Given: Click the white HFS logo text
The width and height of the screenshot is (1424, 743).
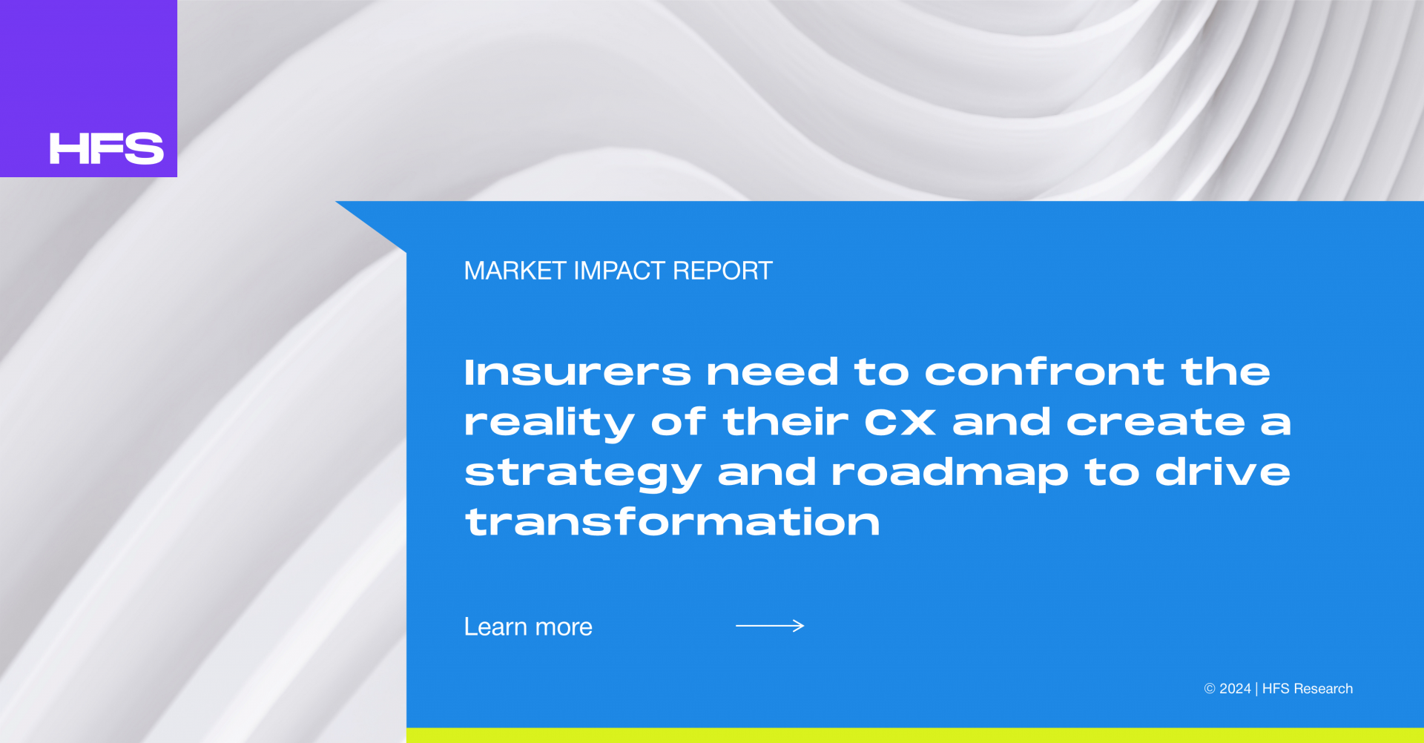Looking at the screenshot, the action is (106, 148).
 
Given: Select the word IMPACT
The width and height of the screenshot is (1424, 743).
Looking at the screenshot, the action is (619, 271).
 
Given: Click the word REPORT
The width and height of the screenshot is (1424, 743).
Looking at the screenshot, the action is (722, 271).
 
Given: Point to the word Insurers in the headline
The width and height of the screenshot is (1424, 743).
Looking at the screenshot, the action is (578, 371).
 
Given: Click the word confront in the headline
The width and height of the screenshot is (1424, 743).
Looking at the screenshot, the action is (1045, 371).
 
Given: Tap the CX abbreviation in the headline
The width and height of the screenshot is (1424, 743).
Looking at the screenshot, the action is (900, 422).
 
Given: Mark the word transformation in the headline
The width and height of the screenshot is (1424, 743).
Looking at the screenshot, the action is (673, 521).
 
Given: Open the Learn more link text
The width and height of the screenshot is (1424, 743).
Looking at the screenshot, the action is (528, 627).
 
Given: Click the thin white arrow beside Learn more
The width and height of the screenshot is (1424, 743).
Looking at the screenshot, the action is (770, 626).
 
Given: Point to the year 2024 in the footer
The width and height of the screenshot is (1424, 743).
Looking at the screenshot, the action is (1235, 689).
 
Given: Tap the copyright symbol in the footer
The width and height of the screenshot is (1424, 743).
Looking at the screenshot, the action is (1210, 689).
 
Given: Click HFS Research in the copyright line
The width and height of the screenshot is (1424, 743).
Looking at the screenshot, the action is (1308, 689).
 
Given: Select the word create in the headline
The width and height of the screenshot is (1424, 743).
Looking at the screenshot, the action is (1156, 422).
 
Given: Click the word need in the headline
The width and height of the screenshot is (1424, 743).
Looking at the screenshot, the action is (772, 371).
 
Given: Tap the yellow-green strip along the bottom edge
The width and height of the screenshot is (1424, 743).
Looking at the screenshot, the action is (915, 736).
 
